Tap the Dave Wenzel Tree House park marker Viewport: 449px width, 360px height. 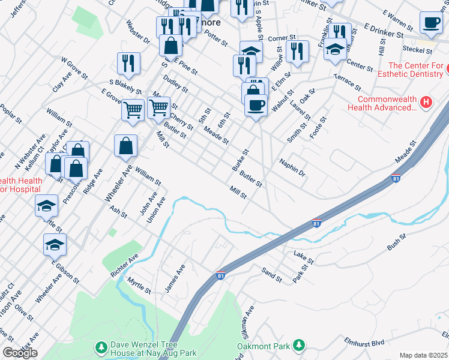click(x=101, y=347)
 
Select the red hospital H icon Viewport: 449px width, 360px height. click(x=426, y=103)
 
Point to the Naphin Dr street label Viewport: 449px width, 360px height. click(x=292, y=166)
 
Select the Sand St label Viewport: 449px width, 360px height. click(x=272, y=275)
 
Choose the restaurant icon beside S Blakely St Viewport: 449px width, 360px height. click(x=128, y=62)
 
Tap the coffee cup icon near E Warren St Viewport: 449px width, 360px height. click(x=430, y=23)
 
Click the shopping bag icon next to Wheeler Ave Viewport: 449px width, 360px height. click(x=125, y=146)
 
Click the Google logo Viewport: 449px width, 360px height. click(x=20, y=353)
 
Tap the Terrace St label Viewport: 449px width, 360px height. click(x=347, y=82)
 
